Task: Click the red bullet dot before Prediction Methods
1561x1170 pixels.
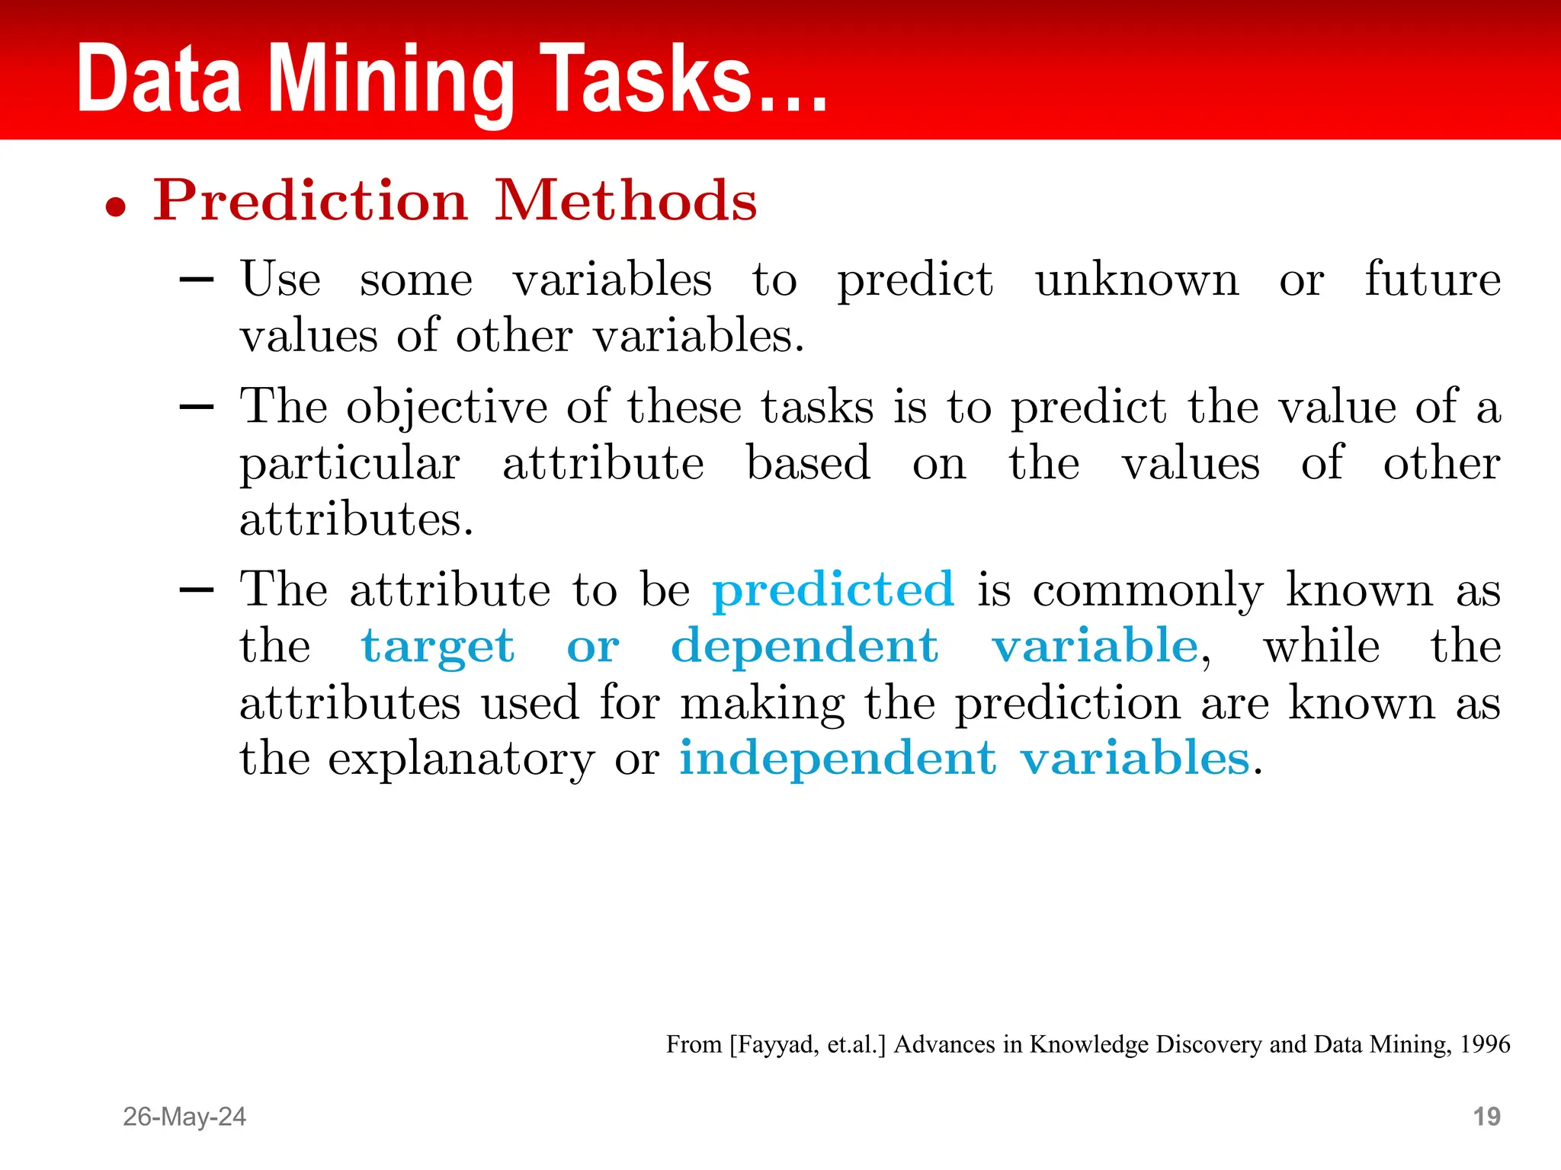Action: pos(116,206)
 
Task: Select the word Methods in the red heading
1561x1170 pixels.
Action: pos(626,200)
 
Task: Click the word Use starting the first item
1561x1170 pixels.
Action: pos(280,279)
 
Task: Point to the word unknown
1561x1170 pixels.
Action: pos(1136,280)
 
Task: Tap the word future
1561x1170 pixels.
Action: pos(1432,279)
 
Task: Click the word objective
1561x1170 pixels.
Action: pos(447,407)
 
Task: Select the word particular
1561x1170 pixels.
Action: pos(350,464)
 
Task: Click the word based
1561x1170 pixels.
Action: pos(808,463)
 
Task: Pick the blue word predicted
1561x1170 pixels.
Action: pos(832,590)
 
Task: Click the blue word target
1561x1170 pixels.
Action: pos(438,647)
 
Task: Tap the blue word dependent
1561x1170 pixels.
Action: pos(804,647)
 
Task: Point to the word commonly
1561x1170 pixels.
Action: pos(1148,591)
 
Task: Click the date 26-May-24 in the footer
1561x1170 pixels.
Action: pos(184,1117)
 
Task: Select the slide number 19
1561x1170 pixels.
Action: pos(1486,1117)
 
